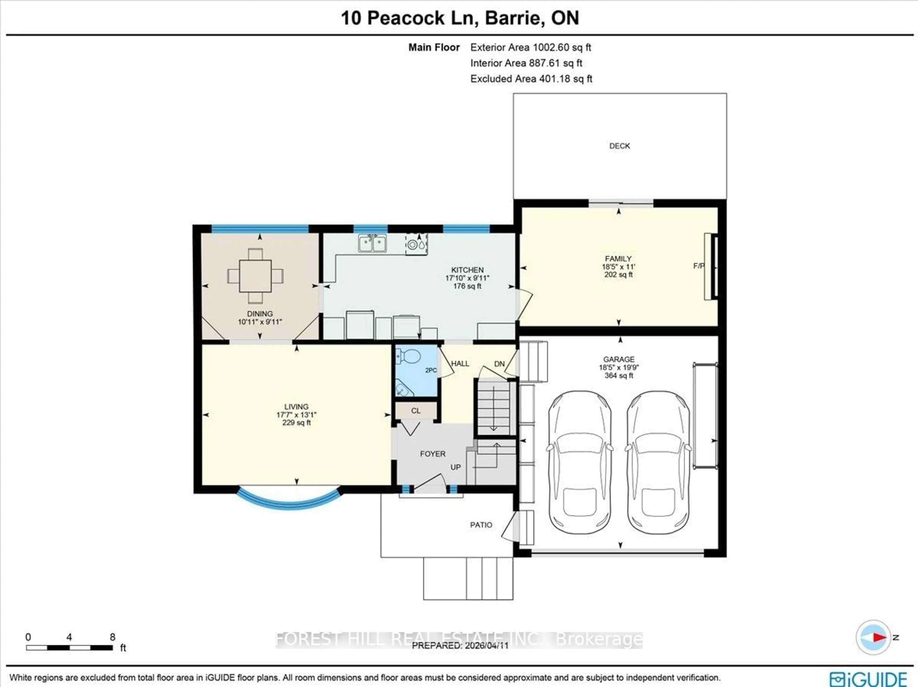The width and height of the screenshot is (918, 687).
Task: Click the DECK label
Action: pyautogui.click(x=619, y=146)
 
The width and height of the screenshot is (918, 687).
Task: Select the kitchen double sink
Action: pyautogui.click(x=372, y=243)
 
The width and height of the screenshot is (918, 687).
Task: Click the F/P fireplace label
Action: pyautogui.click(x=699, y=266)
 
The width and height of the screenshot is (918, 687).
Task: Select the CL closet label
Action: pyautogui.click(x=416, y=411)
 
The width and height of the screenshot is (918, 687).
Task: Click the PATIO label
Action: pyautogui.click(x=481, y=525)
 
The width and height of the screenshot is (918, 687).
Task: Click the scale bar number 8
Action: pyautogui.click(x=112, y=637)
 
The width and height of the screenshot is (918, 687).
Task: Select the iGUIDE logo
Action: pyautogui.click(x=868, y=679)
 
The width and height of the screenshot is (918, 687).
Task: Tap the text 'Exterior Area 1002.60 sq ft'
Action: pyautogui.click(x=530, y=47)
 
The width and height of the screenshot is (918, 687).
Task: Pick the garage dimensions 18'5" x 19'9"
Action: pyautogui.click(x=618, y=367)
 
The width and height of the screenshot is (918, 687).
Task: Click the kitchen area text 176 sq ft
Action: pyautogui.click(x=467, y=286)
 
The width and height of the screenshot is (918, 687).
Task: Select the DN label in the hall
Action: pyautogui.click(x=499, y=364)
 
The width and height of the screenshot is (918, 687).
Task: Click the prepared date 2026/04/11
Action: pyautogui.click(x=486, y=645)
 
